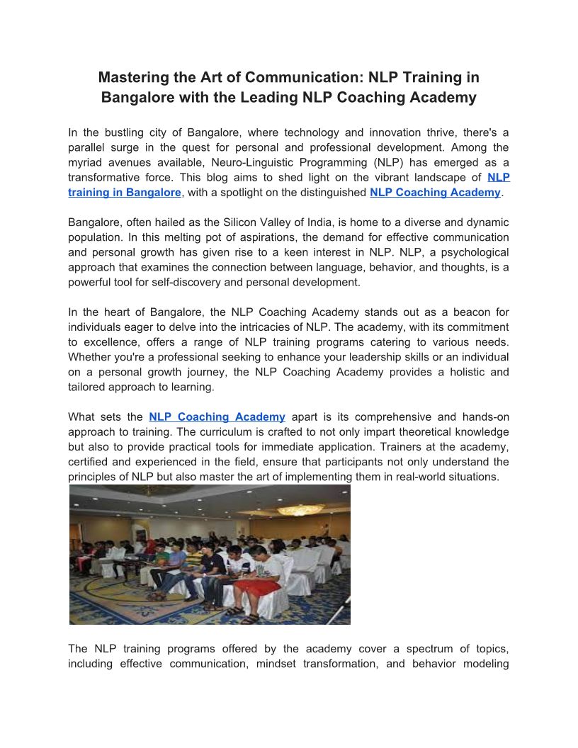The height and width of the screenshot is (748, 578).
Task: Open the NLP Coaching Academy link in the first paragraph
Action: pyautogui.click(x=435, y=192)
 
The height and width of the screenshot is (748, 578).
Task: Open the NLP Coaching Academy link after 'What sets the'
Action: pyautogui.click(x=217, y=416)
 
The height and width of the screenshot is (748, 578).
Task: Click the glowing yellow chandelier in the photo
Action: pyautogui.click(x=300, y=509)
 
